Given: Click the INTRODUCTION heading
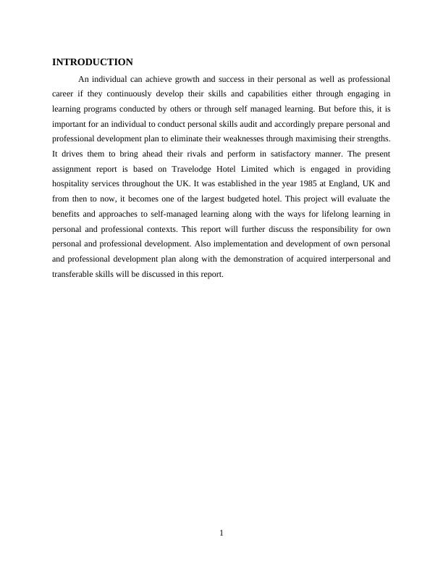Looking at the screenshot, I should coord(93,62).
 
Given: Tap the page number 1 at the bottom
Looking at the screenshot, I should coord(221,534).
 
